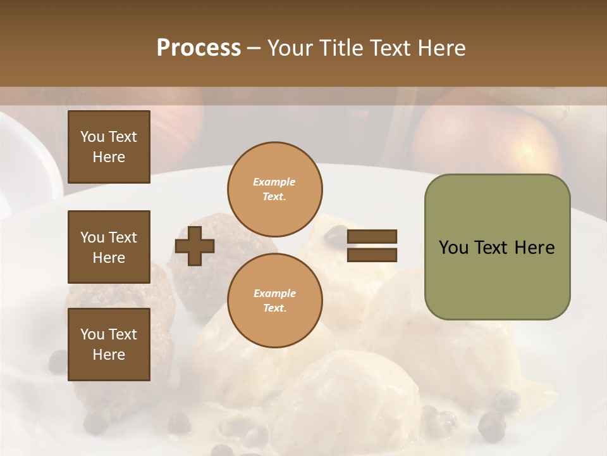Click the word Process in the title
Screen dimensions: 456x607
click(199, 48)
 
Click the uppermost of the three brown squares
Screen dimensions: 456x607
click(109, 147)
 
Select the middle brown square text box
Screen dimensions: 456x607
click(109, 247)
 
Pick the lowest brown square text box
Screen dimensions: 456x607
click(109, 345)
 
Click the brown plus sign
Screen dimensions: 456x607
click(195, 246)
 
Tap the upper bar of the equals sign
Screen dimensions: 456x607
click(372, 237)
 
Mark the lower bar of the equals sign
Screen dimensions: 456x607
click(372, 255)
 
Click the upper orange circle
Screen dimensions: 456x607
click(274, 189)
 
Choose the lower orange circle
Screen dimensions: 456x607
click(274, 300)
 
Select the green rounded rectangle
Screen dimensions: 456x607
click(497, 247)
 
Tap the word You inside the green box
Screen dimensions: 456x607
click(454, 248)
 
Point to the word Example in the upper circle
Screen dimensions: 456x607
click(274, 182)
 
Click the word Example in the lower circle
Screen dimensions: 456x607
click(274, 293)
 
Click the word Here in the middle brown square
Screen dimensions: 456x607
click(109, 258)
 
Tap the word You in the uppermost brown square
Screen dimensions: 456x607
click(92, 137)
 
